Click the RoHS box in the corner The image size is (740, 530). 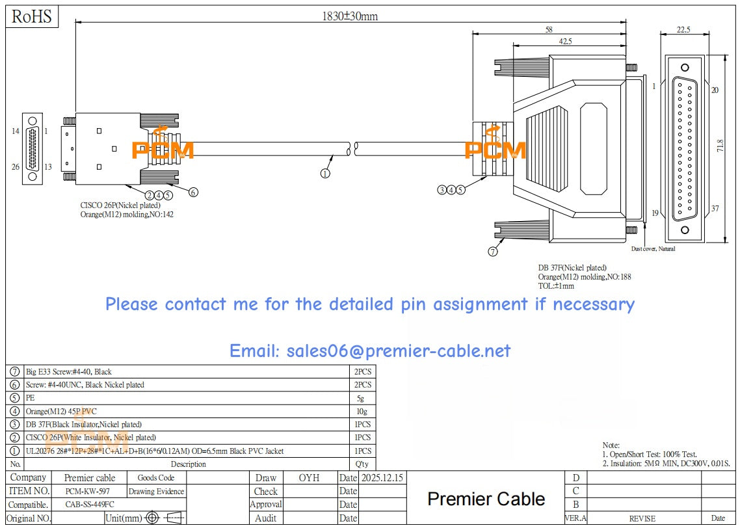32,17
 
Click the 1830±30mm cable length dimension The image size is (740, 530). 350,16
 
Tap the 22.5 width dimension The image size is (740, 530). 683,29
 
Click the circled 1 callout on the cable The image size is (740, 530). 325,173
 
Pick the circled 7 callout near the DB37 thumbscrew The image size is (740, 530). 492,251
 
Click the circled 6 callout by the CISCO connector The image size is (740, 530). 192,192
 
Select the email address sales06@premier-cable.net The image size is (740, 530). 369,351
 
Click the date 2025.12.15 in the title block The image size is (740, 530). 382,477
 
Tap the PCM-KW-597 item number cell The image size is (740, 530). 87,492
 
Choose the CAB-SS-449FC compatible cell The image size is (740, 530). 91,505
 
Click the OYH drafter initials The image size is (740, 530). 309,477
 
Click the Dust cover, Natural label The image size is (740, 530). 653,249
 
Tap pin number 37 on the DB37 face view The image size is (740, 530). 715,209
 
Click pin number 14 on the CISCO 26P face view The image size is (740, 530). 16,131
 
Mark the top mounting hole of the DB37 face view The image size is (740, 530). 684,68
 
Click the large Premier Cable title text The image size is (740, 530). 486,499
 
